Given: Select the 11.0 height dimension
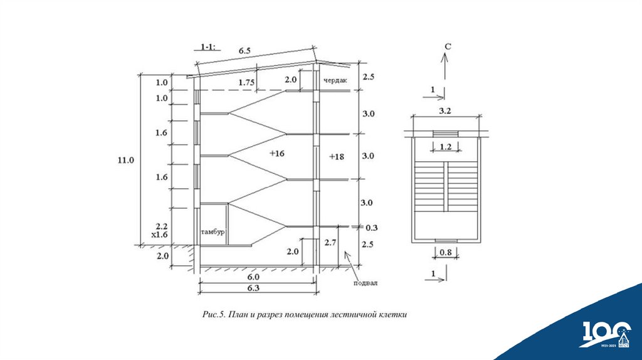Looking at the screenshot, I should [x=125, y=160].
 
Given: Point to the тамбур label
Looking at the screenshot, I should [x=213, y=232].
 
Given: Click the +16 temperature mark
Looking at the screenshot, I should [x=276, y=153].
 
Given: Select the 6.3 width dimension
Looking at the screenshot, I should [x=254, y=288].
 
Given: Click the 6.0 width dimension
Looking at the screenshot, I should [x=254, y=277].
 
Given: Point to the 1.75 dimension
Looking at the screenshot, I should [x=247, y=82].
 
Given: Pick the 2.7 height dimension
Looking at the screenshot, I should [x=331, y=241].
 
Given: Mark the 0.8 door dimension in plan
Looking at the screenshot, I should [x=445, y=253].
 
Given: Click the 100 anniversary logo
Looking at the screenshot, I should [x=606, y=333].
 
